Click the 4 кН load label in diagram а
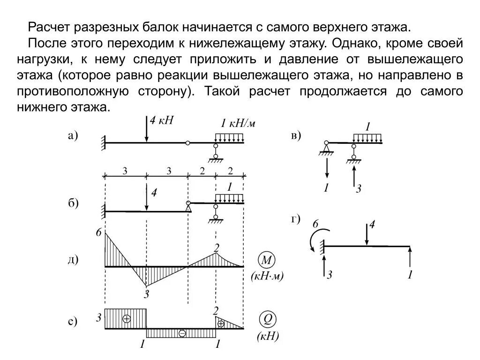click(162, 120)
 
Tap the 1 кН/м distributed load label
click(238, 124)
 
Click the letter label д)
click(73, 260)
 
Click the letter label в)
click(296, 136)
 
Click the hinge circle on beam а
click(187, 142)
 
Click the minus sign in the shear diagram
click(182, 333)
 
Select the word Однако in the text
click(351, 44)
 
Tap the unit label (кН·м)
click(268, 276)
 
